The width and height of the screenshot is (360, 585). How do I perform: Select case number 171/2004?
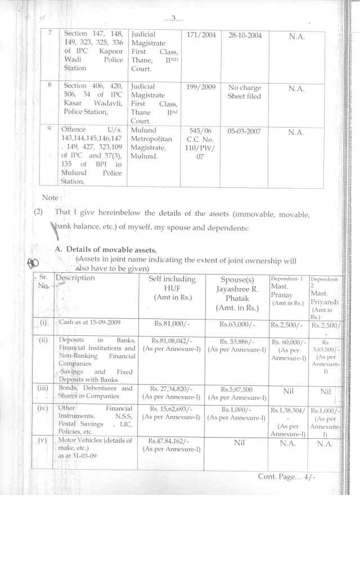point(201,35)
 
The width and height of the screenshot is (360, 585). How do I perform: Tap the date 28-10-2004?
point(245,35)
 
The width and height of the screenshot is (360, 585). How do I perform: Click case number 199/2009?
point(201,87)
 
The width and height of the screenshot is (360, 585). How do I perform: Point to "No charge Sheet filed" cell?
point(245,92)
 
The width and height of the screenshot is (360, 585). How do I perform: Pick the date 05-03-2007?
point(245,130)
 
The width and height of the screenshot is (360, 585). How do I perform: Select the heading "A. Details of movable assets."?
point(106,249)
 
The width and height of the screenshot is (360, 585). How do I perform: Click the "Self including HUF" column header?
point(172,287)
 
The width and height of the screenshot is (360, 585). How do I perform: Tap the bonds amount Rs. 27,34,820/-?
point(172,389)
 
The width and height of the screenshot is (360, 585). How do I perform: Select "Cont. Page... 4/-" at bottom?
point(287,476)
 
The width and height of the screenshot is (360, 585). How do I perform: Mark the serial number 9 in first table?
point(49,129)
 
